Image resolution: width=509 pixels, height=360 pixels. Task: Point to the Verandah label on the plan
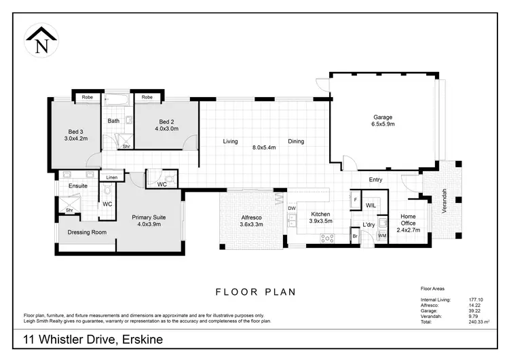pos(445,200)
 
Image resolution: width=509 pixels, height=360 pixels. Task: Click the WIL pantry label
pos(371,204)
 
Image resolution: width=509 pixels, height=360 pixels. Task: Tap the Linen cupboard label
pos(112,177)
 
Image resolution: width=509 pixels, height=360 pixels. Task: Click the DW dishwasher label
pos(292,209)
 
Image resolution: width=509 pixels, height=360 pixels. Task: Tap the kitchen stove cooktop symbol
pos(329,238)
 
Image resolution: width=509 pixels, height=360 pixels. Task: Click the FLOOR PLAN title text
pos(255,293)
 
